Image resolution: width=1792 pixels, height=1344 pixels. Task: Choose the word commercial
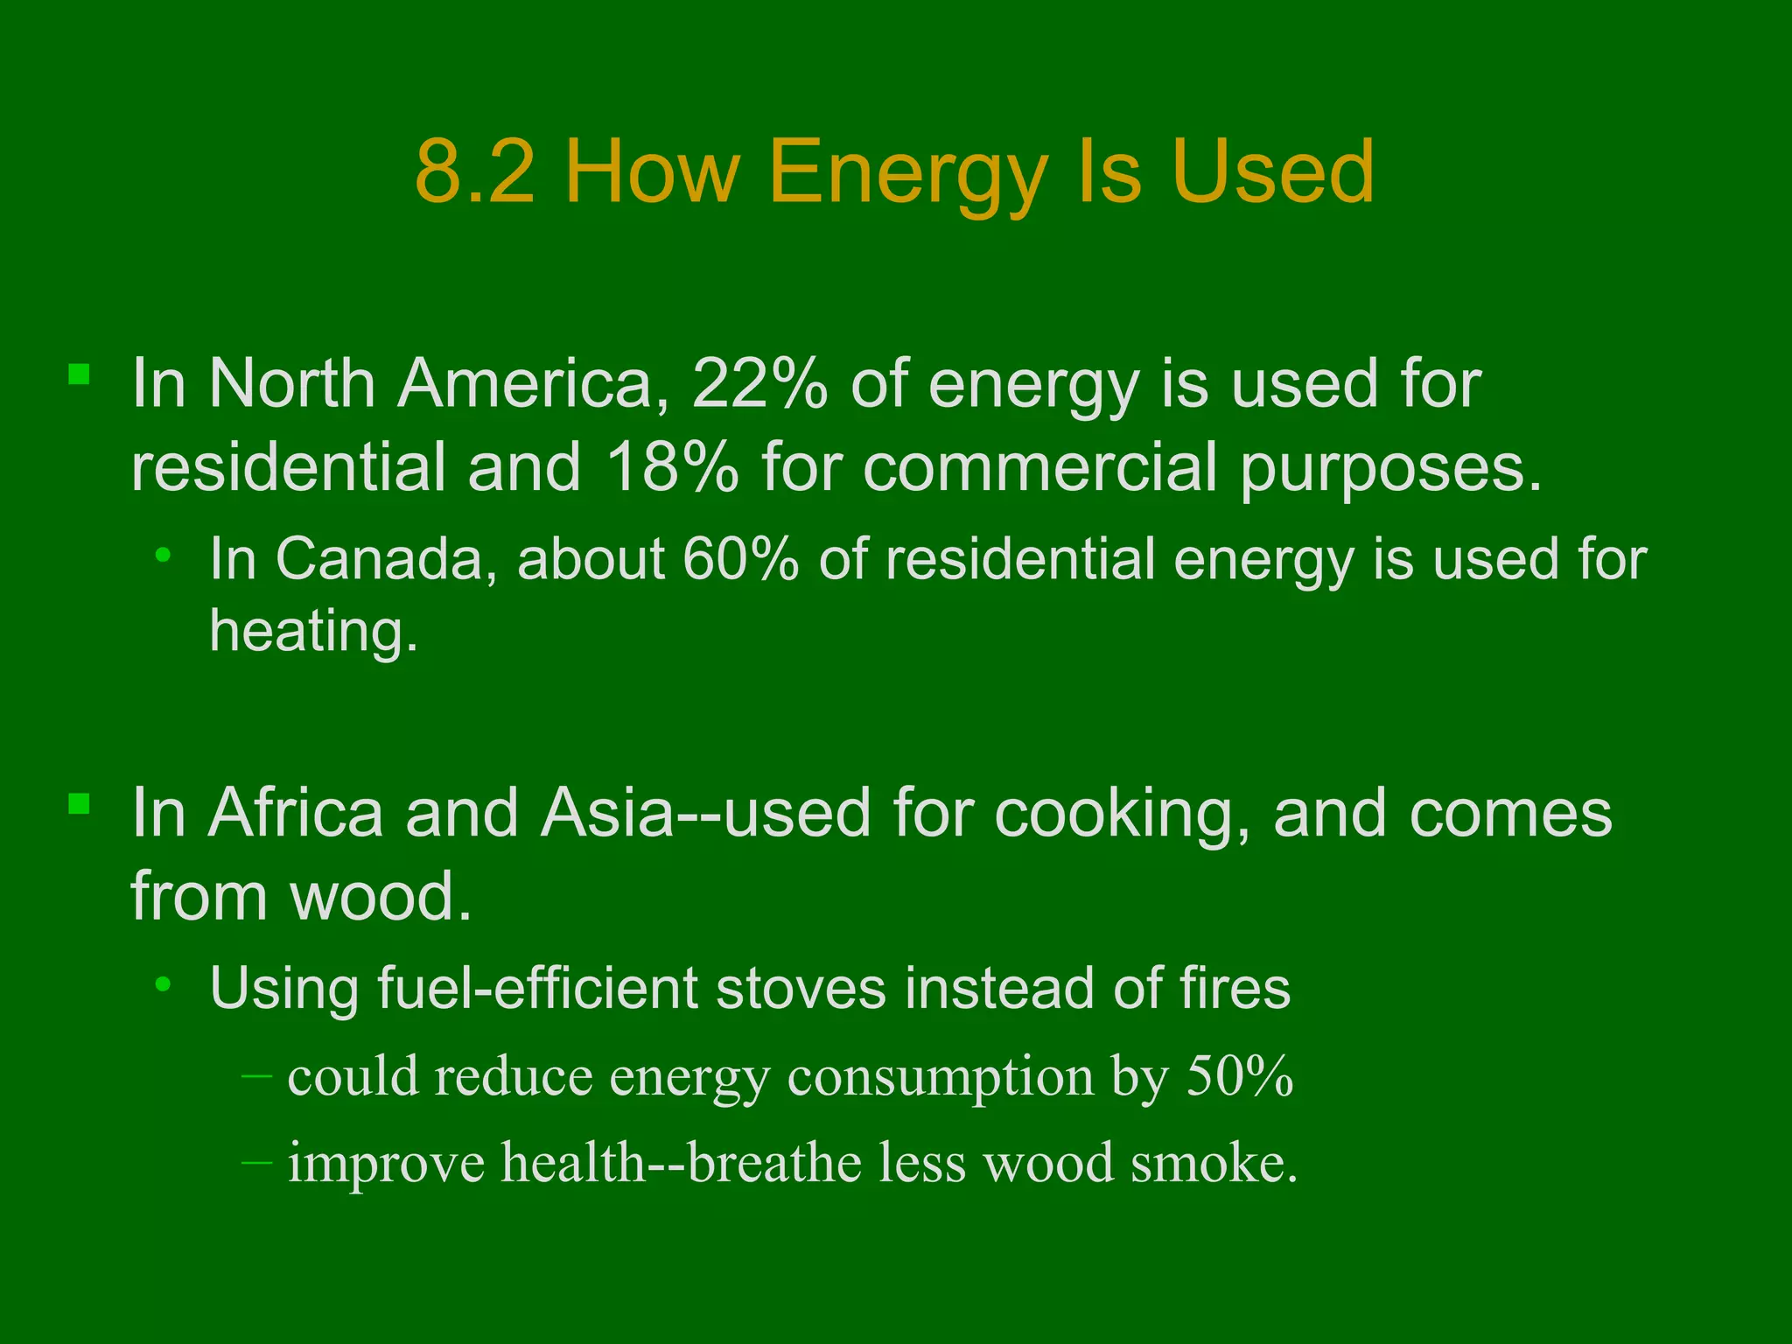coord(1040,466)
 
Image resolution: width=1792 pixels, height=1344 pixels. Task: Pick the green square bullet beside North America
coord(80,375)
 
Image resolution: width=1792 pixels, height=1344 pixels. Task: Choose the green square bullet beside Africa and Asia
coord(80,804)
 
